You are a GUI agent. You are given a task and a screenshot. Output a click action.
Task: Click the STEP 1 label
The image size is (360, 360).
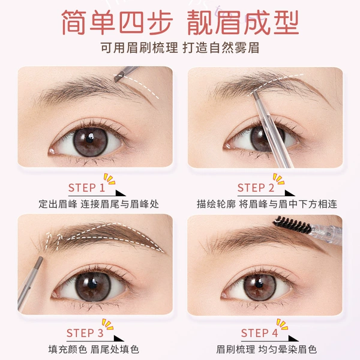click(x=86, y=188)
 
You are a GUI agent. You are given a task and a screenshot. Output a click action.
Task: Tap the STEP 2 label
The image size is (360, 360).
click(x=256, y=188)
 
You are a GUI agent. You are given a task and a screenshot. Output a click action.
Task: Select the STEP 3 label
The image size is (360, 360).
click(x=85, y=333)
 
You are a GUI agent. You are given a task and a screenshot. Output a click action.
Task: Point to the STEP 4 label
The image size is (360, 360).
click(x=260, y=333)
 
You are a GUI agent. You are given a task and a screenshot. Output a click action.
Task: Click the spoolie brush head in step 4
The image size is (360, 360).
click(x=292, y=224)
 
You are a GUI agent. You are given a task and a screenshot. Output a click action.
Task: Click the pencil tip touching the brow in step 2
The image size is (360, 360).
click(x=255, y=95)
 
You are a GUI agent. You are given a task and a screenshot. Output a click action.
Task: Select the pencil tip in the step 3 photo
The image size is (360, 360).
click(x=40, y=260)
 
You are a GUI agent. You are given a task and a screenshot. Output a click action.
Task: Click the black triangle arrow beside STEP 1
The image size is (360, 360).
click(x=120, y=193)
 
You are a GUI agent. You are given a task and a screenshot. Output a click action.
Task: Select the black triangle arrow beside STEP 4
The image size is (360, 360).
click(x=293, y=338)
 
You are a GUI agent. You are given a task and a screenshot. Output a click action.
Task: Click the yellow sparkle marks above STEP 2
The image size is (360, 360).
click(x=279, y=179)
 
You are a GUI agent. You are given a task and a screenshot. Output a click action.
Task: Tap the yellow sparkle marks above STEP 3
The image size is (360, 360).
click(x=107, y=324)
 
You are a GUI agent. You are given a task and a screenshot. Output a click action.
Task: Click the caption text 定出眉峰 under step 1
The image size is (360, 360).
click(x=58, y=204)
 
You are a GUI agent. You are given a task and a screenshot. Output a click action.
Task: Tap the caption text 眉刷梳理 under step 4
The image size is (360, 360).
click(x=236, y=349)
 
